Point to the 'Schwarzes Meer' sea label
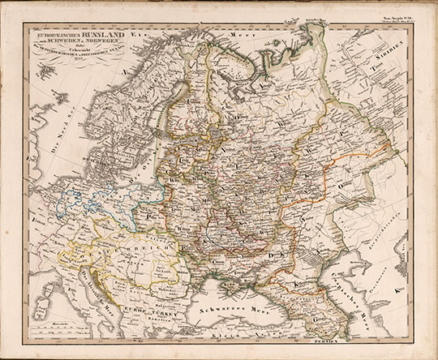pyautogui.click(x=226, y=309)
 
